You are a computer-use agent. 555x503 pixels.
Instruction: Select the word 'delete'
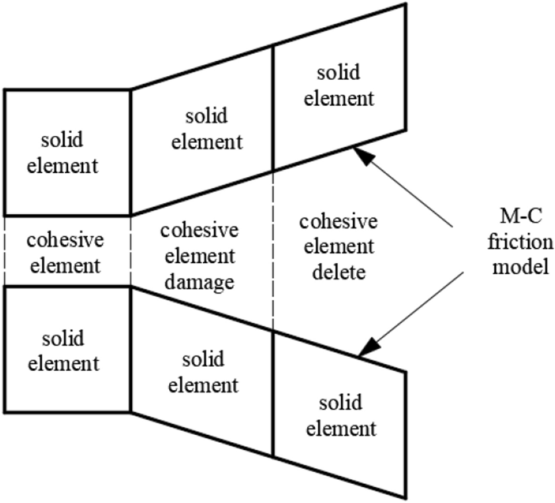[338, 272]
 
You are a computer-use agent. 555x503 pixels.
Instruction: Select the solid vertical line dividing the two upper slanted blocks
[273, 108]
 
